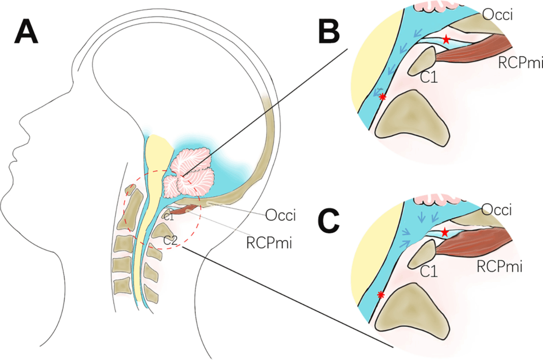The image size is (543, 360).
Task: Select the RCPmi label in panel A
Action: click(x=270, y=243)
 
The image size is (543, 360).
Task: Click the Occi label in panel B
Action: click(x=497, y=15)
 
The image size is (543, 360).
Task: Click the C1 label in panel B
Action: click(x=428, y=78)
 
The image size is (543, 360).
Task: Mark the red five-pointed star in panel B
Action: click(x=446, y=39)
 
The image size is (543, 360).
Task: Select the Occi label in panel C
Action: click(x=497, y=210)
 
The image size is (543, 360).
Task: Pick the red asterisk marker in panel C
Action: click(x=380, y=295)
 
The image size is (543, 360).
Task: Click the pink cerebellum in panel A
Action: click(x=189, y=170)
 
